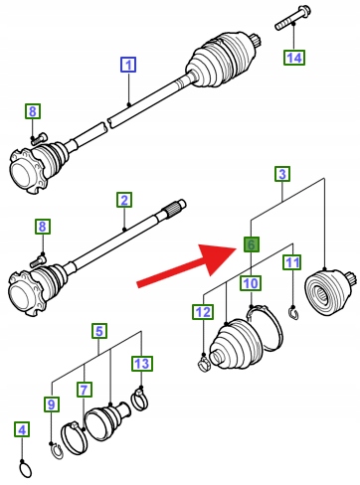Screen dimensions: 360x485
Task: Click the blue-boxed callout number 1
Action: (x=128, y=65)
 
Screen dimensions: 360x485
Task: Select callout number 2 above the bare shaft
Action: (x=124, y=200)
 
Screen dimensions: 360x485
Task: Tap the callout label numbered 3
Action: (x=282, y=174)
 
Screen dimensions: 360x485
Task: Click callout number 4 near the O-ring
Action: (x=22, y=429)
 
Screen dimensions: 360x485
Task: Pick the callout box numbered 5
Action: (x=99, y=331)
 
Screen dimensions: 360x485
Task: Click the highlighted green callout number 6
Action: (x=251, y=244)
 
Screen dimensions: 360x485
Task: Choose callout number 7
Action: (x=85, y=390)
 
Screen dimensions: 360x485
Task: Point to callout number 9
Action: (x=52, y=404)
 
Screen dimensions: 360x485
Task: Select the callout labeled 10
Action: (x=251, y=283)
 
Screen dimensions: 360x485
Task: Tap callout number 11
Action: (x=292, y=262)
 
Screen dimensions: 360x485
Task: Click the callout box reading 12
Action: (x=203, y=312)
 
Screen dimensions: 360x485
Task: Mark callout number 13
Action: (x=142, y=363)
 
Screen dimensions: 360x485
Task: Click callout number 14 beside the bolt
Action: (x=294, y=58)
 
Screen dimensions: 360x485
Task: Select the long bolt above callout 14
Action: (x=292, y=18)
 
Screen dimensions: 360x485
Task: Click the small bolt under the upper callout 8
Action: (x=39, y=138)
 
